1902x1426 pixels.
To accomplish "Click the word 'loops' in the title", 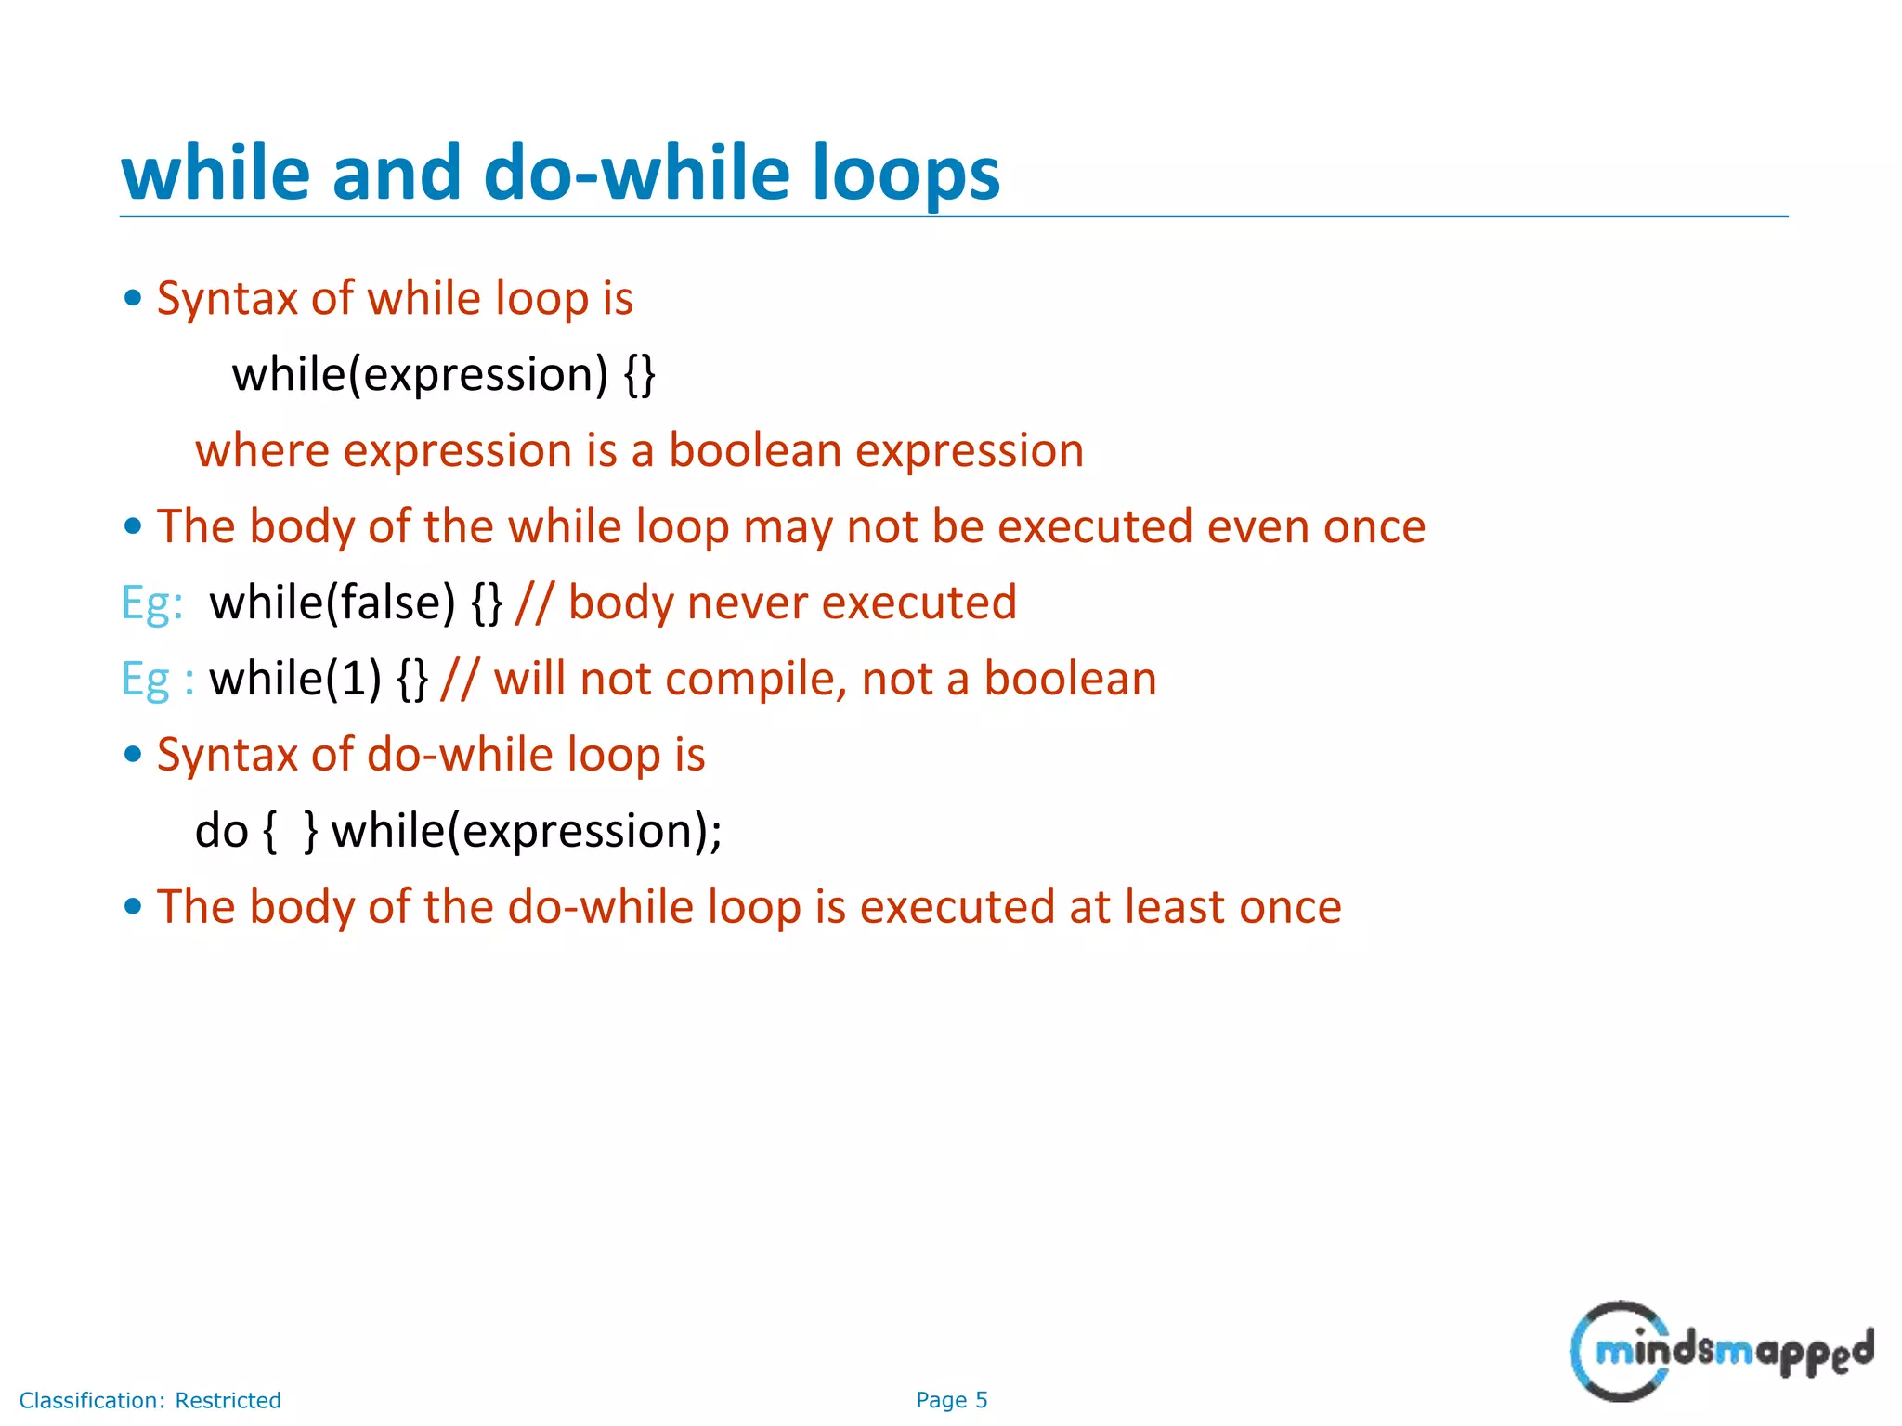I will click(905, 175).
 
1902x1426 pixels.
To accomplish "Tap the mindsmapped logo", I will click(1721, 1351).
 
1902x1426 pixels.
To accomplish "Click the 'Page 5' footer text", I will click(951, 1400).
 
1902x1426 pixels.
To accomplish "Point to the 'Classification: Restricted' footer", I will click(150, 1400).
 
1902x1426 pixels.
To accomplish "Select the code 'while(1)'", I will click(295, 679).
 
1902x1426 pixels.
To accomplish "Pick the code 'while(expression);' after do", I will click(527, 831).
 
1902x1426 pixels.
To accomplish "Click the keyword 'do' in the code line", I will click(221, 831).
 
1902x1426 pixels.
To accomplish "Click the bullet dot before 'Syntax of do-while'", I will click(133, 755).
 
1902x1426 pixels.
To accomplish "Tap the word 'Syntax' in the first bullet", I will click(227, 299).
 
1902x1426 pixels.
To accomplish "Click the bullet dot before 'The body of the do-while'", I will click(133, 907).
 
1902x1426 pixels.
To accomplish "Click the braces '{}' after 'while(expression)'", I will click(640, 375).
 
